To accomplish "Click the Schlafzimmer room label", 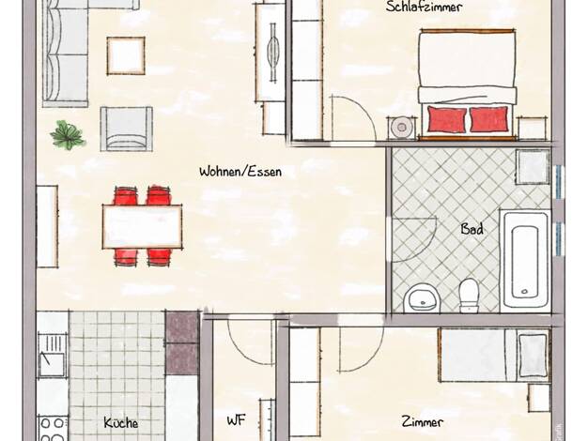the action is click(424, 7).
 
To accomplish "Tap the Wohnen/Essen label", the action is click(240, 172).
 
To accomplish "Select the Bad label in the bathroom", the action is click(472, 229).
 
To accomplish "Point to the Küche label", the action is click(121, 422).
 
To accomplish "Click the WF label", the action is click(236, 420).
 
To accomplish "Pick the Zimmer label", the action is click(423, 422).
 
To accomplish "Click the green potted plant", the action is click(68, 135).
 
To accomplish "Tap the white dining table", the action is click(142, 226).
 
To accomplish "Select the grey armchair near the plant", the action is click(127, 129).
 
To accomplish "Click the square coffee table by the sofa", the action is click(126, 55).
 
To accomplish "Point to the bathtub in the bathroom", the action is click(525, 259).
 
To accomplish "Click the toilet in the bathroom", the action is click(469, 296).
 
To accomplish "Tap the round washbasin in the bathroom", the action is click(422, 297).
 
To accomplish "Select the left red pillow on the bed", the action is click(446, 119).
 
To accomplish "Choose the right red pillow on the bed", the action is click(489, 119).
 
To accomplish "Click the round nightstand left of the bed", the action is click(402, 128).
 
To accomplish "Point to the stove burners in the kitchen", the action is click(53, 429).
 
